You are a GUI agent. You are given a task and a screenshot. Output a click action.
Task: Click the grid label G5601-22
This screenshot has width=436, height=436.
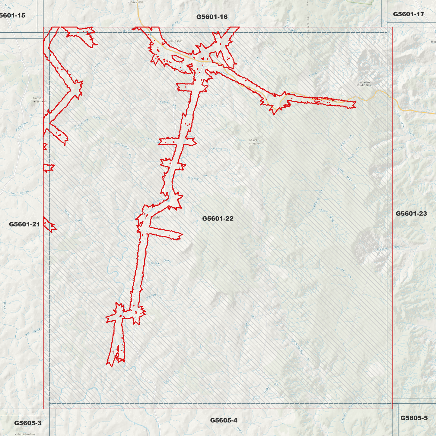[218, 218]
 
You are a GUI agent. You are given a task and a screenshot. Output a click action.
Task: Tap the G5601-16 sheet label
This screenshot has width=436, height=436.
[212, 17]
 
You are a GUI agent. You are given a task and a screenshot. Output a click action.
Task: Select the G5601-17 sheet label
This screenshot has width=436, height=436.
[408, 14]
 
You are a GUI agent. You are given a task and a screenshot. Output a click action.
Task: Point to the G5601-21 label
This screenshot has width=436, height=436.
[24, 224]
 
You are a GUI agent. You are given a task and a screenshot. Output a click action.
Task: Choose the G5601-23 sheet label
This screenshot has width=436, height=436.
[411, 214]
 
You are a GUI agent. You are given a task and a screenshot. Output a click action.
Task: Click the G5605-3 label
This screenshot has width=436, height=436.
[27, 423]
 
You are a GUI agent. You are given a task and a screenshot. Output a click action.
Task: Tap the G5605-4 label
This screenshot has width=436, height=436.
[224, 420]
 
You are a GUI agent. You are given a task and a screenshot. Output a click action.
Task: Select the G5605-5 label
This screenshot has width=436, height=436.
[414, 418]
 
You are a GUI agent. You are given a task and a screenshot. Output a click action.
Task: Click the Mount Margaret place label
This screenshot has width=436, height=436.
[255, 142]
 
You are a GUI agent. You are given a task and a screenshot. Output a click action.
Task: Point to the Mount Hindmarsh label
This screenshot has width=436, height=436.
[37, 100]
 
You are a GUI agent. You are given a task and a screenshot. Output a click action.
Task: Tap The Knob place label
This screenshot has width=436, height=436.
[137, 2]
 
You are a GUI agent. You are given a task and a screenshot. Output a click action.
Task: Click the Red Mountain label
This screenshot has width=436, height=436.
[26, 434]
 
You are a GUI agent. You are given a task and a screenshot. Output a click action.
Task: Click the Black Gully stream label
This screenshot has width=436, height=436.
[161, 262]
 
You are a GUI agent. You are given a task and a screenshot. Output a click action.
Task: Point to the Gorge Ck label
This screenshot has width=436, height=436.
[343, 272]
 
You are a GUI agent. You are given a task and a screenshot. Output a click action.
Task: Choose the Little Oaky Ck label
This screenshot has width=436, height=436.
[265, 391]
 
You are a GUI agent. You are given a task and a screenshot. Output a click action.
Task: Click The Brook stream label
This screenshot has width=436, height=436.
[19, 193]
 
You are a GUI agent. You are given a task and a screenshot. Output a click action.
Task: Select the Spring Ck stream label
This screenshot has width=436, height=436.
[154, 297]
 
